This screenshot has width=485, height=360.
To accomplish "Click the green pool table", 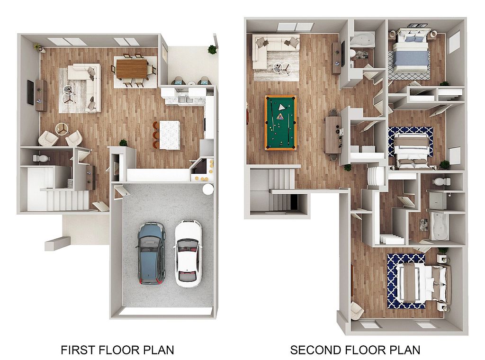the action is pos(280,123).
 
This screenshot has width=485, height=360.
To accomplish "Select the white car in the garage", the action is pos(188,253).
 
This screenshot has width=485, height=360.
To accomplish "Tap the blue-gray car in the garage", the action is pos(151,253).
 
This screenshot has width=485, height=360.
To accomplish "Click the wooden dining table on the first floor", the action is pos(132,69).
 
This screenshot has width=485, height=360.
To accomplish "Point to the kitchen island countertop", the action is pos(170,135).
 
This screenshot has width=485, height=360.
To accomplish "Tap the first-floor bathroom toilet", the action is pos(41,158).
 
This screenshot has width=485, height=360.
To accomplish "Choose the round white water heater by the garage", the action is pos(208,189).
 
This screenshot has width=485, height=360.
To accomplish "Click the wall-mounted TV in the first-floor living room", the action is pos(30,92).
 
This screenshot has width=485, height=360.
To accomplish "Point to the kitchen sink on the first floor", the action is pos(186,99).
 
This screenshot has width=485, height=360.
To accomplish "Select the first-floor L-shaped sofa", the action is pos(84,88).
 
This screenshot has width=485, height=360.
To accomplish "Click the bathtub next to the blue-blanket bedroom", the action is pos(362,40).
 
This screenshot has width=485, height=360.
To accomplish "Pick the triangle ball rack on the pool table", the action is pos(281,107).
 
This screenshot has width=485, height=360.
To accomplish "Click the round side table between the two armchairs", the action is pos(62,128).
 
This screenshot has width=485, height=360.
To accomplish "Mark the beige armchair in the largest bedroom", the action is pos(357,311).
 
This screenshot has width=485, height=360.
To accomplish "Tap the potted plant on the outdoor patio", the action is pos(212,49).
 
